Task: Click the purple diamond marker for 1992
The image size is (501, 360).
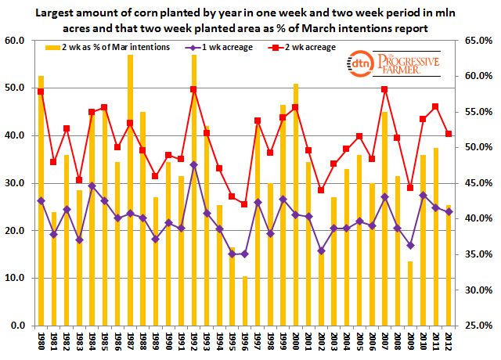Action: (x=193, y=165)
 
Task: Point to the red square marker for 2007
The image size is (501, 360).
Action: (x=384, y=89)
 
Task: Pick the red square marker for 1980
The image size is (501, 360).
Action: (x=41, y=92)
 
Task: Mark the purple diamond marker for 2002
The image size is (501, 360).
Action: (x=321, y=250)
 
